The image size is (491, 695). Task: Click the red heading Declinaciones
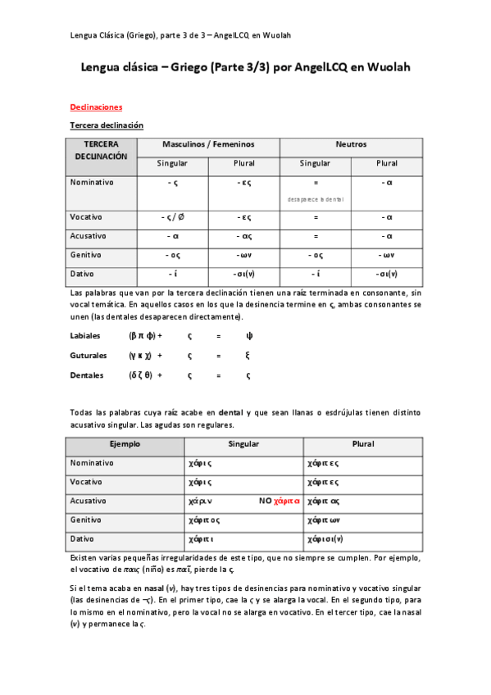(x=96, y=107)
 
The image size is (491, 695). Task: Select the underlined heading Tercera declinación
(x=107, y=125)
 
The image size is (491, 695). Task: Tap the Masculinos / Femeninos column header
(x=208, y=144)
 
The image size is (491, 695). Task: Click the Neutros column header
(x=351, y=144)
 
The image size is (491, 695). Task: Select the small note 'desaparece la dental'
(x=315, y=199)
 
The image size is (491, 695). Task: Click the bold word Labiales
(x=86, y=335)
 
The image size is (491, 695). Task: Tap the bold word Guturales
(x=89, y=356)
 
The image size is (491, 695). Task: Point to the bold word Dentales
(x=87, y=375)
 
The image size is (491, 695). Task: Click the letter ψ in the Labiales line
(x=249, y=335)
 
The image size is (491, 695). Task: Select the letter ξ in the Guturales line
(x=248, y=356)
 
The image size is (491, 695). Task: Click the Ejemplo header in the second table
(x=125, y=444)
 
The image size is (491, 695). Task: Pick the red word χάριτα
(x=288, y=501)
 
